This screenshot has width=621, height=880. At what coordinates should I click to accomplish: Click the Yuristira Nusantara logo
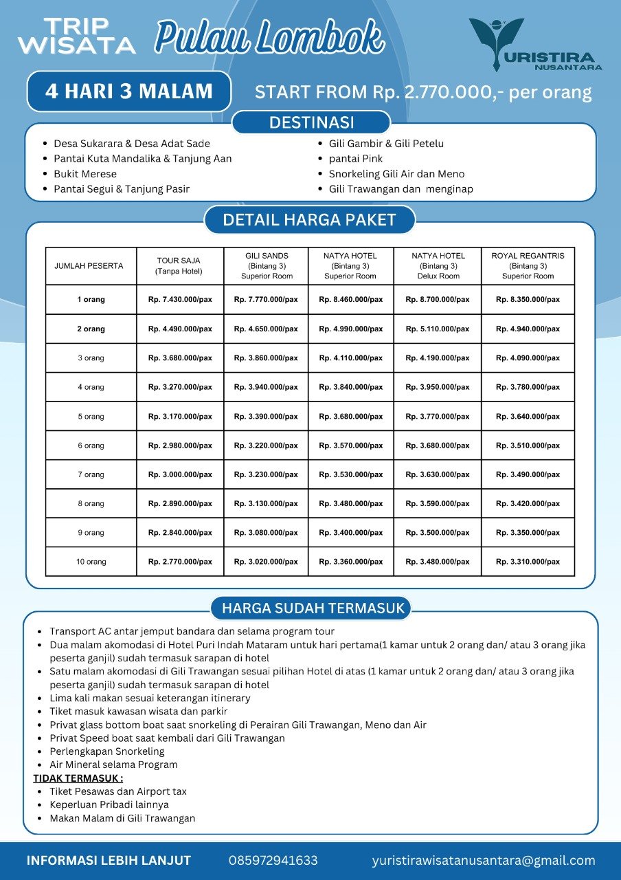click(534, 45)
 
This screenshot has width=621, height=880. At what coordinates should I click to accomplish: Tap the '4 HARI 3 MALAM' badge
click(129, 91)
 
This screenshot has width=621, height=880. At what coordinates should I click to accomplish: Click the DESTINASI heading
click(311, 123)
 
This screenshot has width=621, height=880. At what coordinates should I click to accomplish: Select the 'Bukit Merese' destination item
click(85, 174)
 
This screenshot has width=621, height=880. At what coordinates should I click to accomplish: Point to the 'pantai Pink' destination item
click(356, 159)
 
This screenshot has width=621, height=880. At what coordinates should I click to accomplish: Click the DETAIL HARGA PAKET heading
click(309, 220)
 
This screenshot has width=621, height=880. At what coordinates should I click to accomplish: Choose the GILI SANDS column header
click(267, 265)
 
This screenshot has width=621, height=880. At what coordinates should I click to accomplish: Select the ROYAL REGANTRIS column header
click(528, 265)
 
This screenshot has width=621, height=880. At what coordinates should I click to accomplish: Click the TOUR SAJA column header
click(179, 265)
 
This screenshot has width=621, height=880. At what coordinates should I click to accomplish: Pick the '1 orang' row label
click(91, 300)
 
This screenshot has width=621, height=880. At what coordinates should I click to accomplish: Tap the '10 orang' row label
click(91, 562)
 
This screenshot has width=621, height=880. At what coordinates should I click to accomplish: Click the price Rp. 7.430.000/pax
click(180, 300)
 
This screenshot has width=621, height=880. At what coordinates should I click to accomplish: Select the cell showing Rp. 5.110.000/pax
click(438, 329)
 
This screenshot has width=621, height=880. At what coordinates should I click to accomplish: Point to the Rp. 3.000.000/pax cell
click(180, 474)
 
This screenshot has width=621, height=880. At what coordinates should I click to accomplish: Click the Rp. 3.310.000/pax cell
click(528, 562)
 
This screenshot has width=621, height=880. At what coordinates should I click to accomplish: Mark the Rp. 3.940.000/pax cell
click(266, 387)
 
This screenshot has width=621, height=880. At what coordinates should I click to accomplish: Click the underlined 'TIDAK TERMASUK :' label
click(78, 778)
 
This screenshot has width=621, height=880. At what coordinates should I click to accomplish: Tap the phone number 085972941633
click(273, 861)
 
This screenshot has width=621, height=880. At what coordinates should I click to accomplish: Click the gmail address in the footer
click(484, 861)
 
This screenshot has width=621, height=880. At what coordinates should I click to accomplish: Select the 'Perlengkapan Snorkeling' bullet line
click(107, 751)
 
